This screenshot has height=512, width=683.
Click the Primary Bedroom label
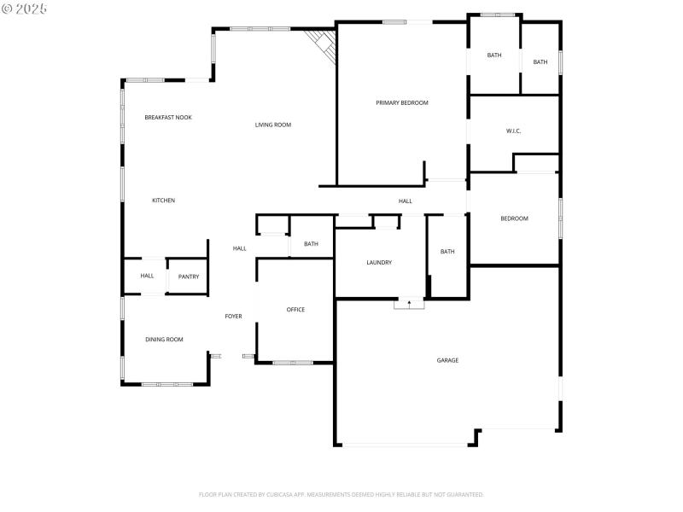pos(402,102)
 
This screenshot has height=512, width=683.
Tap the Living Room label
pos(273,125)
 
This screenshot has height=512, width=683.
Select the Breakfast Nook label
pos(168,117)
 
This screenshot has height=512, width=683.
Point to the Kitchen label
pos(163,201)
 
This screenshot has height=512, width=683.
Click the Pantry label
pos(189,276)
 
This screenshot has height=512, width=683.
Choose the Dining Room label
pos(164,340)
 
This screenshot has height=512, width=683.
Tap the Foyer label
pos(233,317)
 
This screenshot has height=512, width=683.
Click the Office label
pos(295,310)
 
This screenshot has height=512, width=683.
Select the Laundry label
pos(379,263)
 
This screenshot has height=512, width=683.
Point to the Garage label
pos(448,360)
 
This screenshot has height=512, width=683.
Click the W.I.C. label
pos(513,131)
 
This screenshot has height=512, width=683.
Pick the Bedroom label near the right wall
pos(514,218)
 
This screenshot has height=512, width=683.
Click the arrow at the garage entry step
pos(409,303)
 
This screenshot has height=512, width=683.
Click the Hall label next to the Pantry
pos(147,276)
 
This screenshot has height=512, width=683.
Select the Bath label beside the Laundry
pos(447,252)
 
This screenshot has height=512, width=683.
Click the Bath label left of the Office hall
pos(311,244)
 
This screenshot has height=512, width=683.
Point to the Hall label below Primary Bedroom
pos(405,201)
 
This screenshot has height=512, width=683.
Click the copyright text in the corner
pos(25,9)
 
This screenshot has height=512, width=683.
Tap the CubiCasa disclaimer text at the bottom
pos(341,494)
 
